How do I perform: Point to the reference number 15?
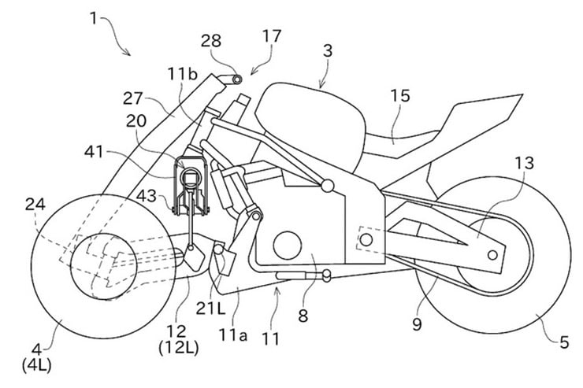(399, 96)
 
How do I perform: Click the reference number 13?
(523, 164)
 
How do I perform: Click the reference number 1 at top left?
(94, 16)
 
